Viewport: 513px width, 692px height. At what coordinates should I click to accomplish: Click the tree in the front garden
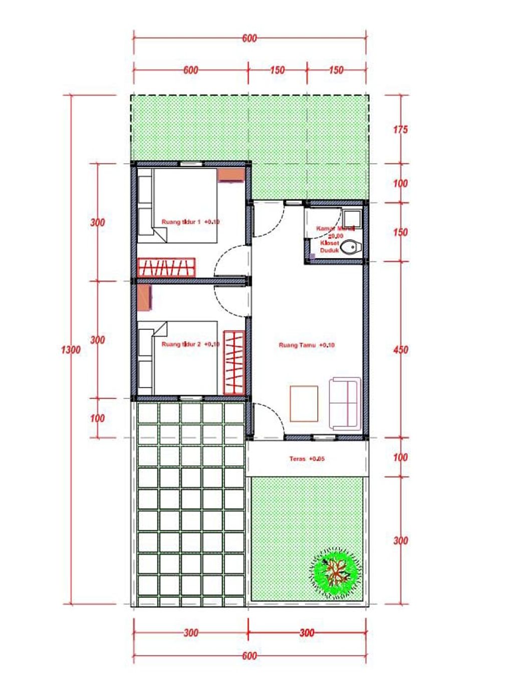pyautogui.click(x=335, y=573)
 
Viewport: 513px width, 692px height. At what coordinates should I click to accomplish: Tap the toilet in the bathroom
pyautogui.click(x=353, y=246)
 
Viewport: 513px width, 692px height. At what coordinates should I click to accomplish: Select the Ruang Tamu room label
pyautogui.click(x=307, y=345)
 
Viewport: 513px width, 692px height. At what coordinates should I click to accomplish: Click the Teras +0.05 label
pyautogui.click(x=307, y=458)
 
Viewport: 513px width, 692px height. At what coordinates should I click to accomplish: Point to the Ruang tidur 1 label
pyautogui.click(x=190, y=222)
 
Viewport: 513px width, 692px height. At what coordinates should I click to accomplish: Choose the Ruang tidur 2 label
pyautogui.click(x=190, y=344)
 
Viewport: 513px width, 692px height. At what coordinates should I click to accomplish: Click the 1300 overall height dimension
pyautogui.click(x=71, y=350)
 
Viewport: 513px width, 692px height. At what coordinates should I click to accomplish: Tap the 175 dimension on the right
pyautogui.click(x=400, y=130)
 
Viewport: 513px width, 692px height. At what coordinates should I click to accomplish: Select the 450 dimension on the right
pyautogui.click(x=400, y=350)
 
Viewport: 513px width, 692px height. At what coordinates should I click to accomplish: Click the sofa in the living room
pyautogui.click(x=344, y=403)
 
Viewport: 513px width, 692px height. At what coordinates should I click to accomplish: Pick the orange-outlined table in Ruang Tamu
pyautogui.click(x=304, y=404)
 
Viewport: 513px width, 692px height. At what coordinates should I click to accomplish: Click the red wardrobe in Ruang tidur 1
pyautogui.click(x=166, y=267)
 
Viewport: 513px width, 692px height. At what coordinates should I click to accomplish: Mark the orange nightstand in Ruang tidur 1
pyautogui.click(x=230, y=175)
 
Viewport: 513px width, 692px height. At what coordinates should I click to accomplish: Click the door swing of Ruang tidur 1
pyautogui.click(x=230, y=261)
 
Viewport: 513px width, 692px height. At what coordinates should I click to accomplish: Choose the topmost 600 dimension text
pyautogui.click(x=249, y=39)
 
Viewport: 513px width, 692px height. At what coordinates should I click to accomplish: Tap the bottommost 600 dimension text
pyautogui.click(x=249, y=656)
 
